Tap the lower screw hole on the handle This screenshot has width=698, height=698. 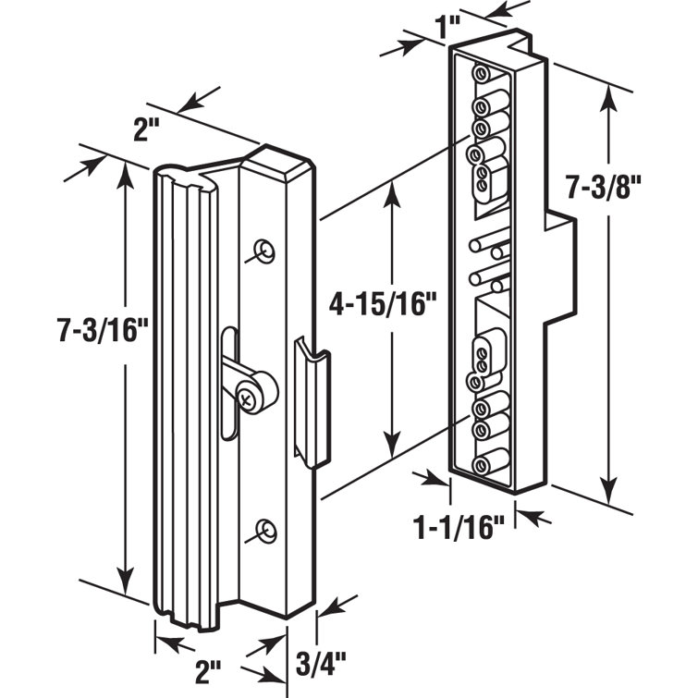coord(266,530)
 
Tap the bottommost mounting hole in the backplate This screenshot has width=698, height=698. coord(482,466)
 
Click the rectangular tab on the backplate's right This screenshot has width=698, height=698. coord(561,269)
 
